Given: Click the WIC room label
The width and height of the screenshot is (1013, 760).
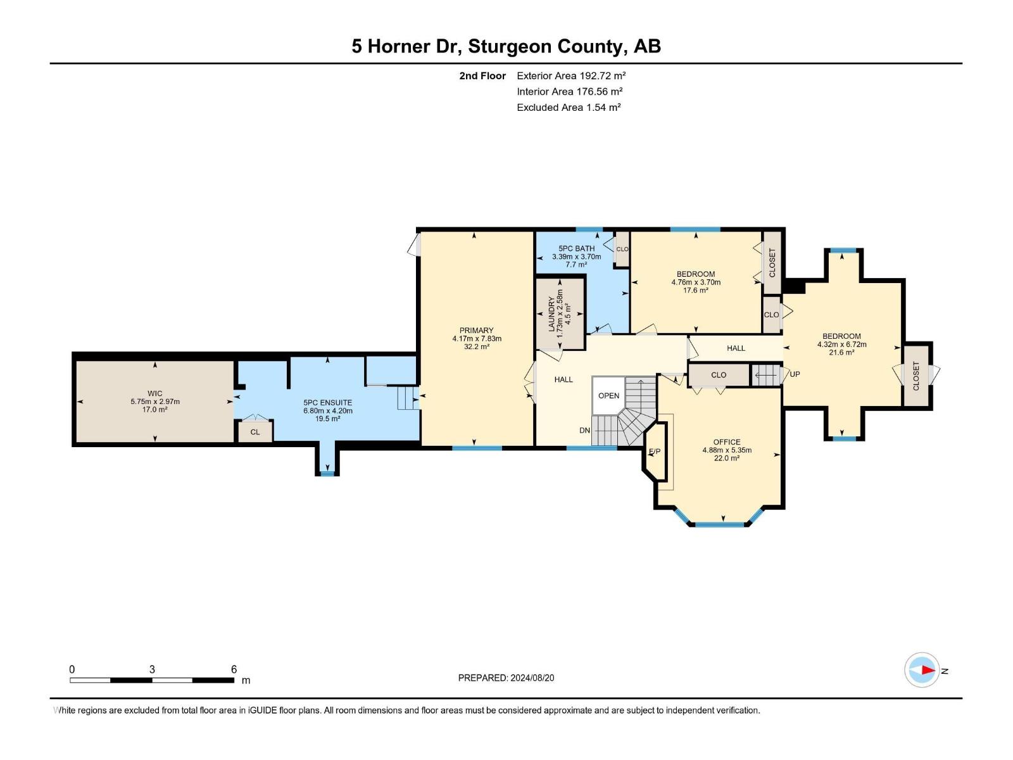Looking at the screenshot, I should point(154,393).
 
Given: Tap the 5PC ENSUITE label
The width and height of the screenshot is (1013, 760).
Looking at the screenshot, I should point(327,403).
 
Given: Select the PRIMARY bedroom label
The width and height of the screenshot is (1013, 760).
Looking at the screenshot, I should point(476,331).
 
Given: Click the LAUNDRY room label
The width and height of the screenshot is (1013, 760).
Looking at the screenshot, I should point(551,313).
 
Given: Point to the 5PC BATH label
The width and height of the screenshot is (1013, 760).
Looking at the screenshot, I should point(576,249).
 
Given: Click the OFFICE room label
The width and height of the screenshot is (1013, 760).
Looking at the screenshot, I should point(726,442).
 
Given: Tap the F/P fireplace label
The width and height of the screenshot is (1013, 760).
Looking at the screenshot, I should point(655,452).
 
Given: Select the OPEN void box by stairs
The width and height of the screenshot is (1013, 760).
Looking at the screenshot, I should point(608,396).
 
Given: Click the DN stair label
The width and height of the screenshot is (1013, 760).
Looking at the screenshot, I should point(584,431).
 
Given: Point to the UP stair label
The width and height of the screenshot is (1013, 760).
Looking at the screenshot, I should point(795,374).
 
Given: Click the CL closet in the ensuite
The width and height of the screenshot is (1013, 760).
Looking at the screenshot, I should point(255,432).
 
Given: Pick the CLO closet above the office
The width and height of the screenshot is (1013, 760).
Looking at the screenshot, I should point(718,375).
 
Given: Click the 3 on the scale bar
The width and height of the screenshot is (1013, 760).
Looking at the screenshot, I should point(152,669).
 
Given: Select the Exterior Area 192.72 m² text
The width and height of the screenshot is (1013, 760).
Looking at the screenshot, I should point(571,75).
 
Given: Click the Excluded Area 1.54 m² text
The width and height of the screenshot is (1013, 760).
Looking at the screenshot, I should point(568,108).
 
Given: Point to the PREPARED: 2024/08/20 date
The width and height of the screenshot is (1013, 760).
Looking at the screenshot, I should point(506,678).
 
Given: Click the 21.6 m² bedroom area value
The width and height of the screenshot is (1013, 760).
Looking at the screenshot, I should point(841,353).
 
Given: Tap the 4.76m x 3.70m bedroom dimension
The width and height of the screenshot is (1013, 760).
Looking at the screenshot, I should point(695,282).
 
